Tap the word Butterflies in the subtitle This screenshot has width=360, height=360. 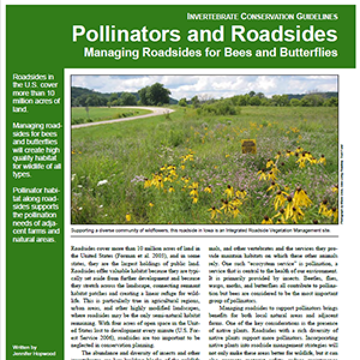(305, 52)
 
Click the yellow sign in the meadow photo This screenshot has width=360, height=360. (248, 146)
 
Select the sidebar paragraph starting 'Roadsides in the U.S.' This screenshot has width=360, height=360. (35, 95)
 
